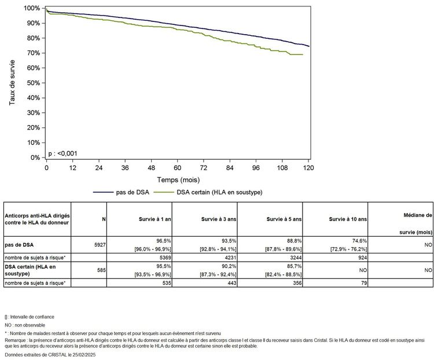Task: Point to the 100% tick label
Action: click(x=32, y=8)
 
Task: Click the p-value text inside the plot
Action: click(x=63, y=153)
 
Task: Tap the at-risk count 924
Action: click(x=359, y=258)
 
